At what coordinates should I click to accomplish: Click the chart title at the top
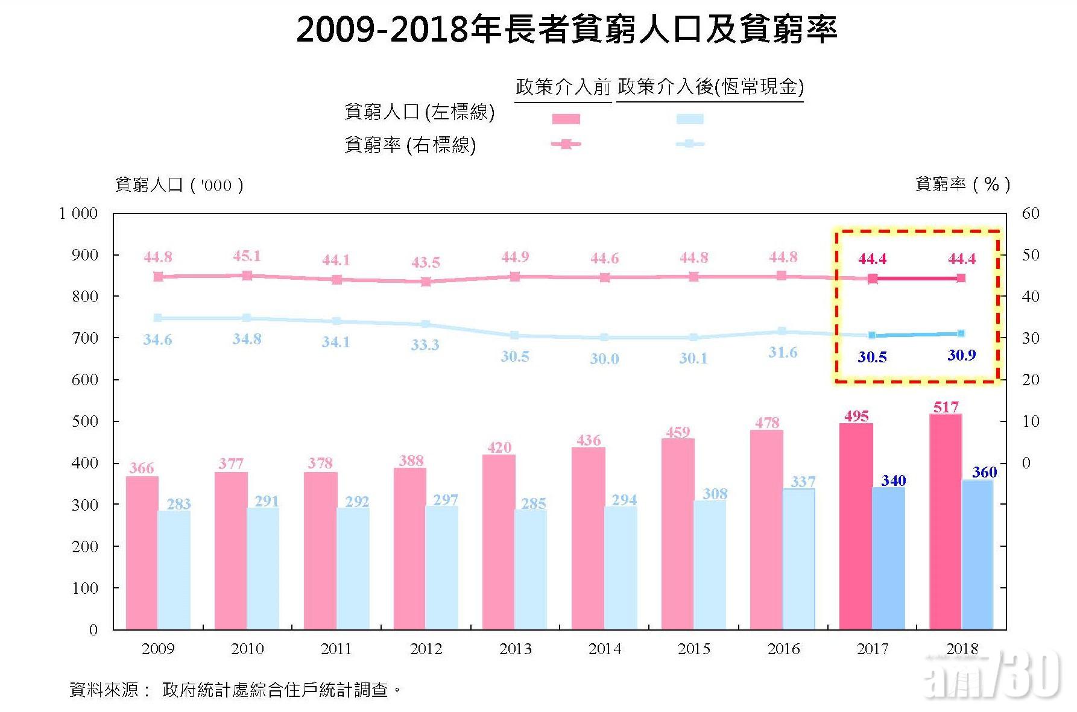click(566, 29)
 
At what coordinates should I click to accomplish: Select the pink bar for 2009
click(142, 552)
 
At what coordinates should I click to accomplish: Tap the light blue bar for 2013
click(531, 570)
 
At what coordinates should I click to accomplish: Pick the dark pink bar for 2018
click(946, 521)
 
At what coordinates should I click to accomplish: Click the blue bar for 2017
click(889, 558)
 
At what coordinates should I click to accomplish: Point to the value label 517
click(946, 408)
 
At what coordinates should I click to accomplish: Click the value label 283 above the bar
click(178, 504)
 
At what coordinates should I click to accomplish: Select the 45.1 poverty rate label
click(247, 256)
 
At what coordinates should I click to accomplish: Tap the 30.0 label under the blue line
click(604, 359)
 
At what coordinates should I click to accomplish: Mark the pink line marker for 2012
click(426, 281)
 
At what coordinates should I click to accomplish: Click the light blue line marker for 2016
click(782, 331)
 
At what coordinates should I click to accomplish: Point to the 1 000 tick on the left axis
click(78, 213)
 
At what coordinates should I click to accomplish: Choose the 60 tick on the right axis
click(1031, 213)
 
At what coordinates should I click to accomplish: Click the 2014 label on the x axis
click(604, 649)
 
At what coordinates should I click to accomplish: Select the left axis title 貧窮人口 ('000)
click(179, 185)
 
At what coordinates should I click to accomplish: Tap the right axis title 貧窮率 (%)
click(962, 184)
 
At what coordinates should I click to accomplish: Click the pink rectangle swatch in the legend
click(566, 119)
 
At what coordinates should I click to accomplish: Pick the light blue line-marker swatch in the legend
click(690, 144)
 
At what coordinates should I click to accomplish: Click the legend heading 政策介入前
click(563, 87)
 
